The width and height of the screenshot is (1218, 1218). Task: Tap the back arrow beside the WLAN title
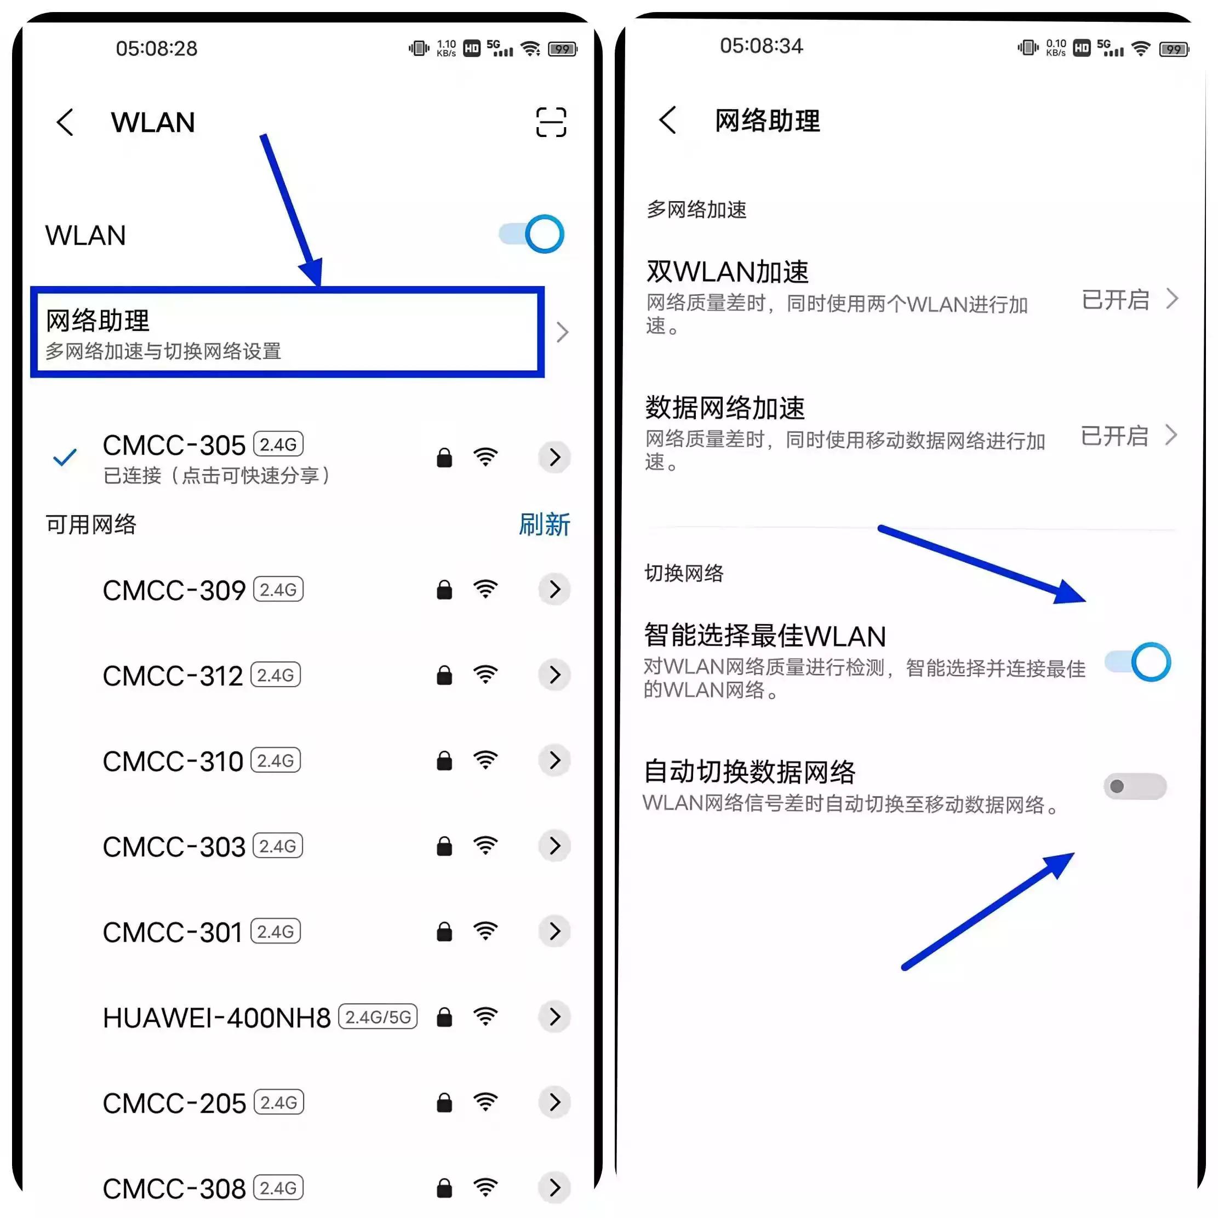[65, 122]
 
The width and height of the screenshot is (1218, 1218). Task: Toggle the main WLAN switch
[531, 235]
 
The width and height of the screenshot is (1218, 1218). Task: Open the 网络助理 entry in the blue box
[287, 332]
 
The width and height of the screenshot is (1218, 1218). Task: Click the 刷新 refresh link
[544, 524]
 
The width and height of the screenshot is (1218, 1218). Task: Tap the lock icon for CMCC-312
[444, 675]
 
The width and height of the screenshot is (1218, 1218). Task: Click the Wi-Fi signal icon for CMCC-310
[485, 760]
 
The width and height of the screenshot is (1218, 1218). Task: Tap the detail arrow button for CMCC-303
[554, 846]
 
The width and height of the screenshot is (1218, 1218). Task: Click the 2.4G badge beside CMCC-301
[276, 931]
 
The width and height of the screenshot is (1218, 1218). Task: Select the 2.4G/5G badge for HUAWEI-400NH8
[378, 1016]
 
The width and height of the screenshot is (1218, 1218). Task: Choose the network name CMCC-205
[174, 1102]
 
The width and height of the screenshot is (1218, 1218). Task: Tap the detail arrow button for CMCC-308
[554, 1188]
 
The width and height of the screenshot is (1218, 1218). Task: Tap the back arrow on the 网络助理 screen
[668, 120]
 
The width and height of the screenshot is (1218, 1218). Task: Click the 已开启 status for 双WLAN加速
[1115, 300]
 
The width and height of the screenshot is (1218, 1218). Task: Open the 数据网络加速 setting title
[725, 408]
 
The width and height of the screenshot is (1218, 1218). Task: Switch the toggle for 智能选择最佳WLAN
[1138, 662]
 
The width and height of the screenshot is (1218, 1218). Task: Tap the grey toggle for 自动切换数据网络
[1135, 786]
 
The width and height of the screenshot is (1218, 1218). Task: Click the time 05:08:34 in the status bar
[761, 46]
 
